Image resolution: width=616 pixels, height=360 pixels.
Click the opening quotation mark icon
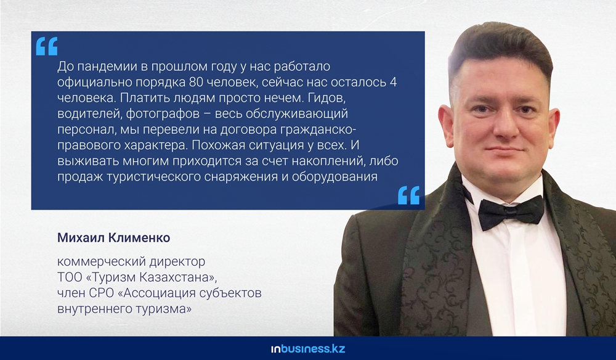coord(47,46)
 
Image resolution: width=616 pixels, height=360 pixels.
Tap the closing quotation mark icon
coord(408,195)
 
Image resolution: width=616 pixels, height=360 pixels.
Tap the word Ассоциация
coord(158,293)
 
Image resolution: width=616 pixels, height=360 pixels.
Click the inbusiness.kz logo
coord(308,349)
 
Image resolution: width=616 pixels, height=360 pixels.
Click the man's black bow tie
coord(511,213)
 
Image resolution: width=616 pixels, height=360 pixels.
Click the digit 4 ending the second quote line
coord(393,82)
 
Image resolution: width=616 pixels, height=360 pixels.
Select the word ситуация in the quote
coord(275,145)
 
